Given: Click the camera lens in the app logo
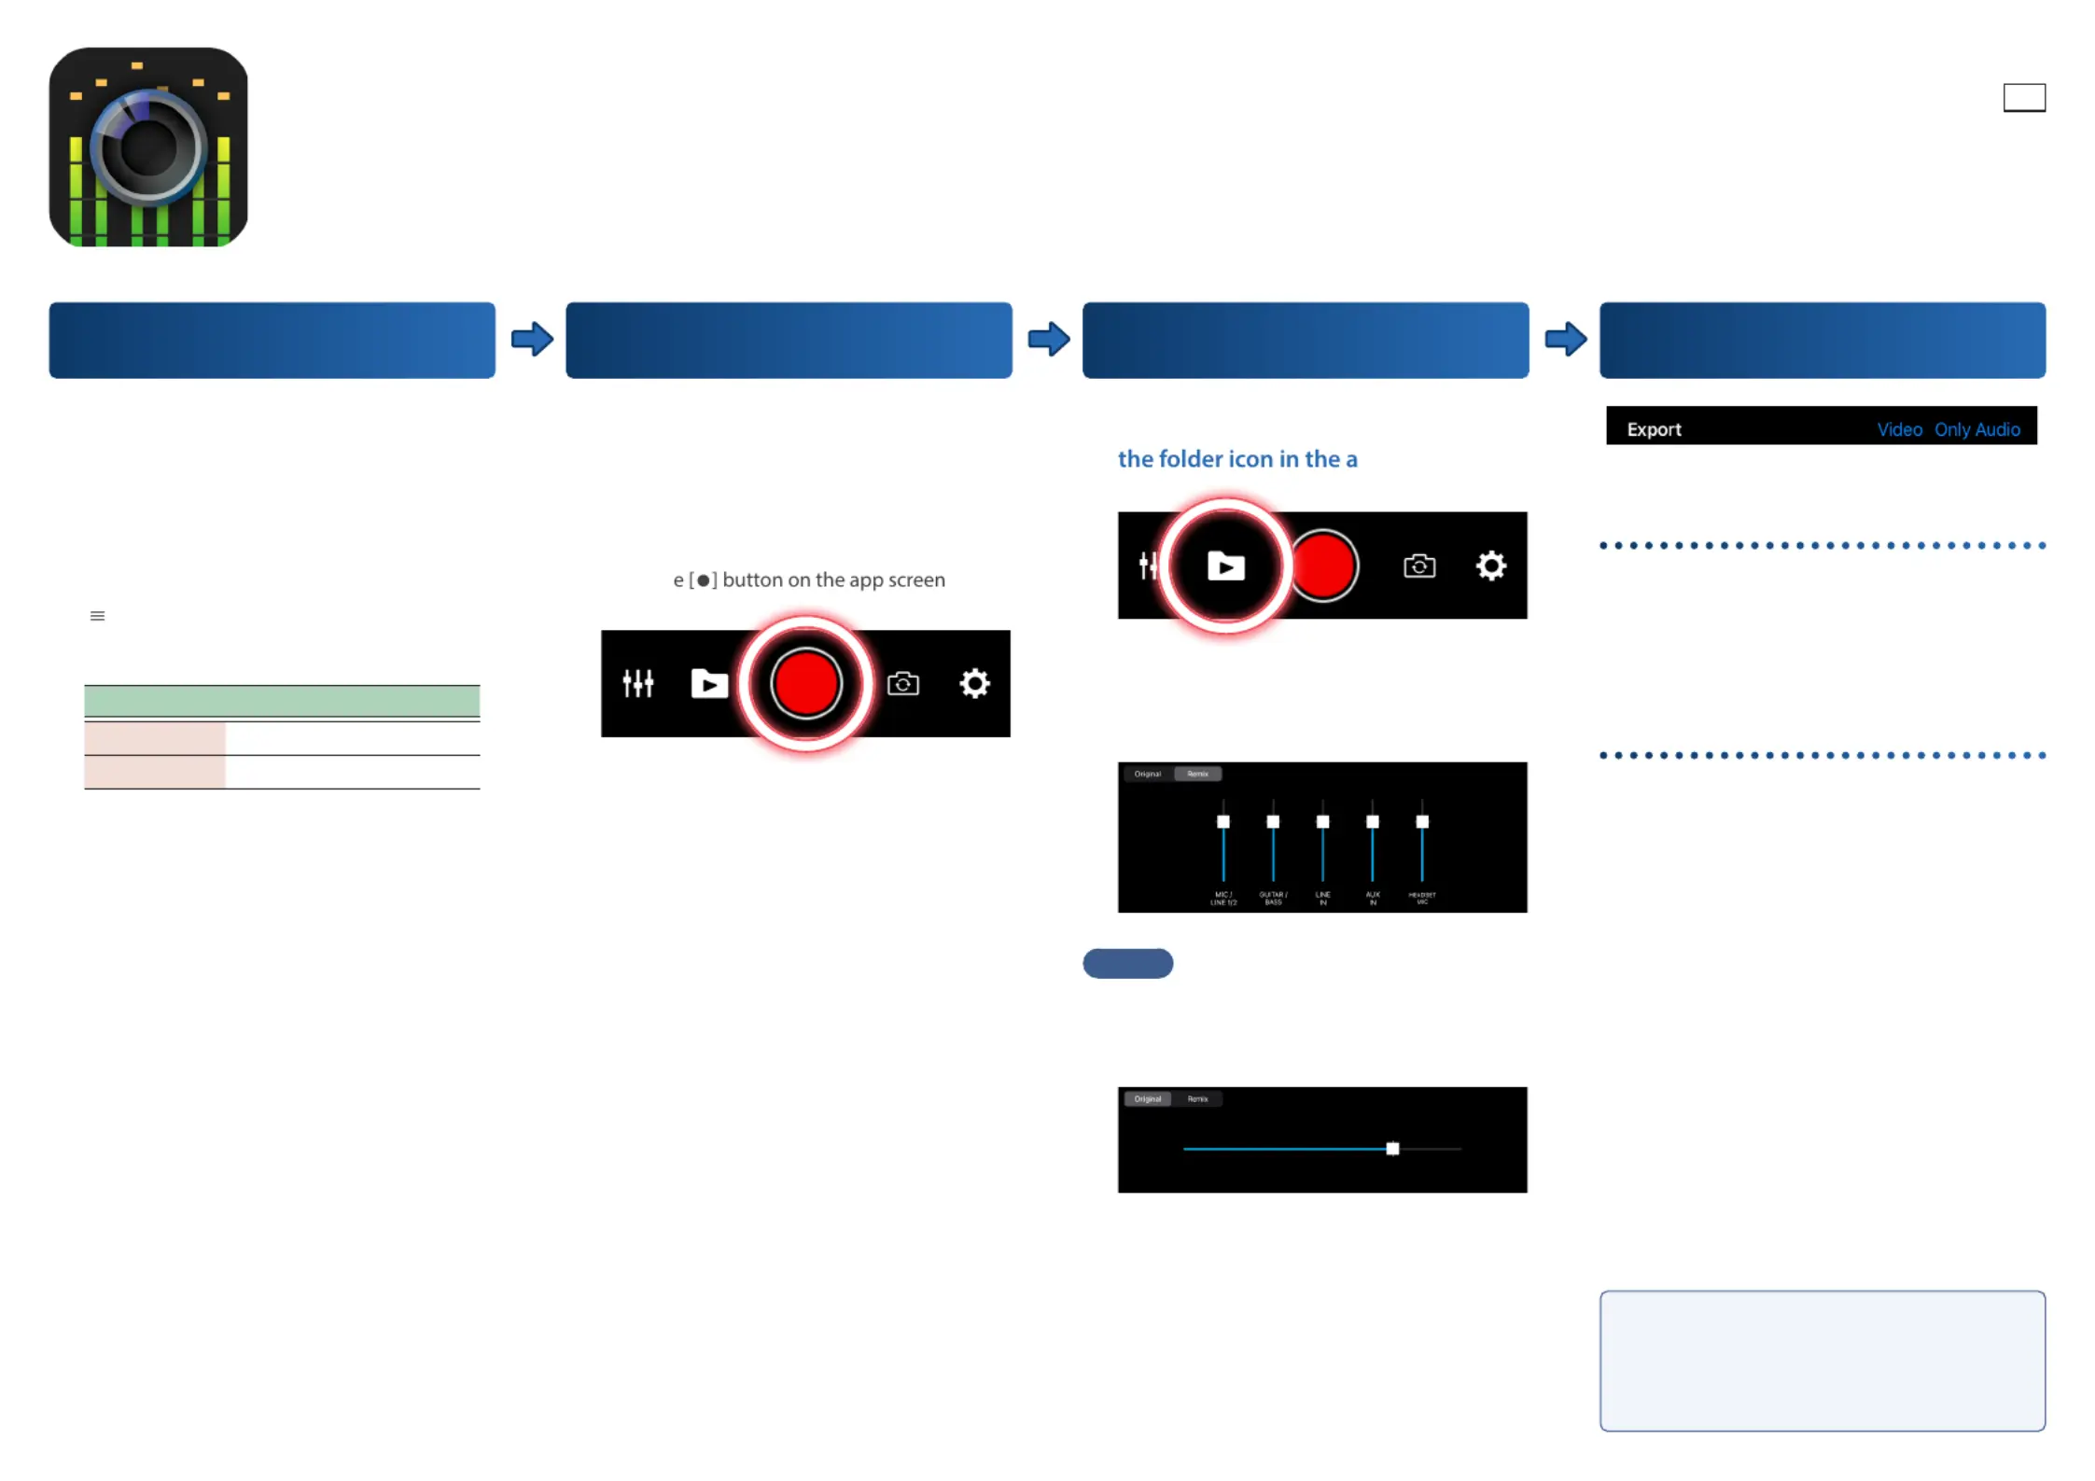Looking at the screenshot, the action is click(147, 147).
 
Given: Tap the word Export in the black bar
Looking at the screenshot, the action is click(1654, 429).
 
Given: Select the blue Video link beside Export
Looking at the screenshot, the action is click(1899, 429).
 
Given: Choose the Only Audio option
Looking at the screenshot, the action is click(1976, 429).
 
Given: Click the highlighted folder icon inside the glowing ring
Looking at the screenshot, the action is click(1225, 566).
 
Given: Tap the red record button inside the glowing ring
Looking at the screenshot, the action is click(805, 683).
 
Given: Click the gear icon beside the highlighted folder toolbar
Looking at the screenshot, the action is click(1490, 566).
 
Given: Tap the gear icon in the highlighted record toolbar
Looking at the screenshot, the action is click(974, 683).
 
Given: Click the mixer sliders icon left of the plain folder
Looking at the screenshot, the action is click(637, 683).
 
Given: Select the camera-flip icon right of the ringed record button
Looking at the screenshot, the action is click(902, 683).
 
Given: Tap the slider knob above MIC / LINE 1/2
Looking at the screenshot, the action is click(1222, 821).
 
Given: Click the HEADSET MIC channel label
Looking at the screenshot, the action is click(1421, 898).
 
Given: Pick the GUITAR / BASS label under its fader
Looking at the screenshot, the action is click(1273, 898).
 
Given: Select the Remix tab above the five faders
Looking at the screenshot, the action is click(1197, 774).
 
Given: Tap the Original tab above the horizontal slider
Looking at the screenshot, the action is click(1147, 1098).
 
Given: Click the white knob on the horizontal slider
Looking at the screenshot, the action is click(1391, 1148).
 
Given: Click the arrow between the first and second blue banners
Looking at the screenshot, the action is click(532, 339).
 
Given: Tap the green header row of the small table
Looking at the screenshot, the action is click(282, 700).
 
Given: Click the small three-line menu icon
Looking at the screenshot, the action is click(97, 616).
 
